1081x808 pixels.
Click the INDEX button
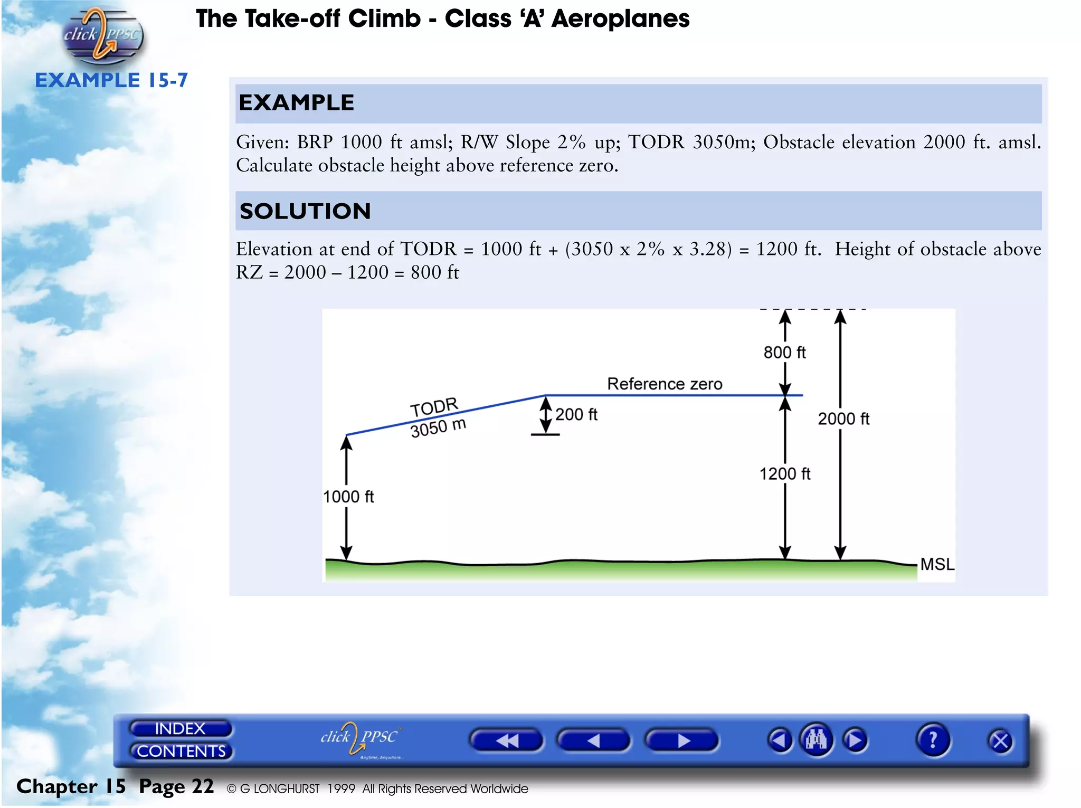[180, 728]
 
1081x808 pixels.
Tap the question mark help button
[933, 740]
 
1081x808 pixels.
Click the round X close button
[1000, 742]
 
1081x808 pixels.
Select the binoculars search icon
[816, 740]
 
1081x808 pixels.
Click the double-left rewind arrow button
[506, 740]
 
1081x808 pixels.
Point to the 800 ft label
[784, 353]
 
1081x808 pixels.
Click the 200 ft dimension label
[576, 415]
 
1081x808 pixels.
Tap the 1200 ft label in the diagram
[784, 474]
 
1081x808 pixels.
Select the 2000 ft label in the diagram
[843, 419]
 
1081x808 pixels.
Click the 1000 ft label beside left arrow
[348, 497]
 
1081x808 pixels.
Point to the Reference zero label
[665, 384]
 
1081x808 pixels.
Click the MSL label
[937, 564]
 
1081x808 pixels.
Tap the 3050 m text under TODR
[438, 427]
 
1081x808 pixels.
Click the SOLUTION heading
[305, 211]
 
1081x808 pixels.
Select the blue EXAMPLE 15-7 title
[111, 80]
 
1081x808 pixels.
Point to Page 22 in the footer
[176, 786]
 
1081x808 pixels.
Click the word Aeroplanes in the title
[620, 18]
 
